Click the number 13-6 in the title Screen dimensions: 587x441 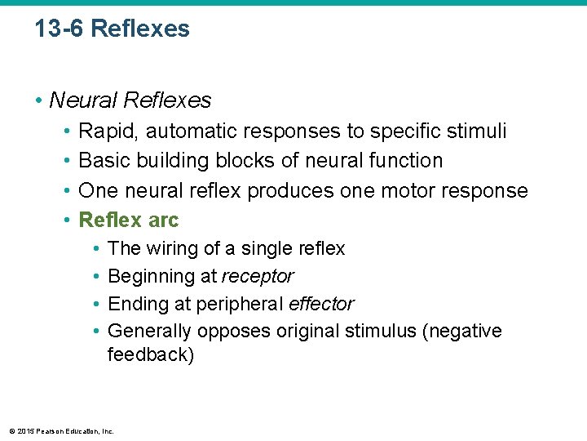60,29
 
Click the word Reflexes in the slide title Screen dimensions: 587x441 140,29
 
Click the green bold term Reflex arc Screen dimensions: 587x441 128,220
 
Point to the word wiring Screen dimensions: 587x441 172,248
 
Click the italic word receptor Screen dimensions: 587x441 258,277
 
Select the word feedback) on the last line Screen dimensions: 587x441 151,356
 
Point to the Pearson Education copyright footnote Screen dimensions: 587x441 61,430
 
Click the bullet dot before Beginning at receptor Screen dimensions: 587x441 96,277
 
